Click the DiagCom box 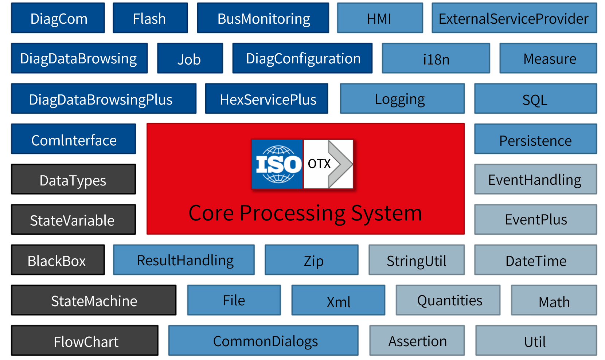(58, 18)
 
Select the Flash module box (150, 18)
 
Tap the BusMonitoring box (263, 18)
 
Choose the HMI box (380, 18)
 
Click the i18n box (436, 59)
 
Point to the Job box (190, 59)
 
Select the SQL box (535, 99)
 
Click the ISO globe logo (278, 164)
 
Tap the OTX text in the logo (319, 164)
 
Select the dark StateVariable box (73, 220)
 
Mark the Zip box (312, 260)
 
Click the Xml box (338, 301)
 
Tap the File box (234, 301)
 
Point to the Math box (554, 301)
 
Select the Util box (536, 341)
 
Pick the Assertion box (417, 341)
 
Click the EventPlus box (535, 220)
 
